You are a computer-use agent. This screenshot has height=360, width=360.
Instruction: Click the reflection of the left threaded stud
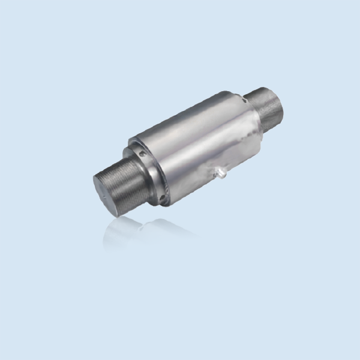coord(120,231)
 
